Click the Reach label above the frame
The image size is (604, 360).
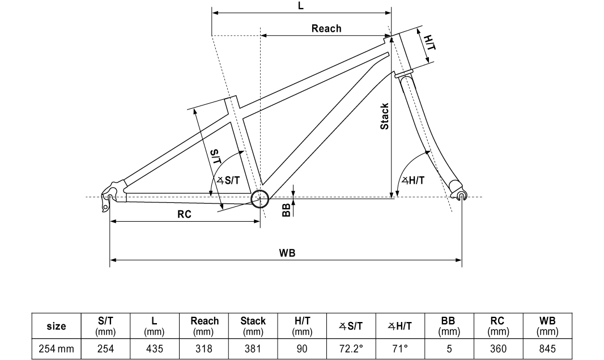pos(326,28)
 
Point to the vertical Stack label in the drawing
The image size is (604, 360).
pos(385,116)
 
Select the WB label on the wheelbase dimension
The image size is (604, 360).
pos(287,253)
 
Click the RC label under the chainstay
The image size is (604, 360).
pos(184,214)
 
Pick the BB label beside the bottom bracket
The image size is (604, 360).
pos(286,210)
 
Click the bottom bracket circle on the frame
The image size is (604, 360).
pos(260,197)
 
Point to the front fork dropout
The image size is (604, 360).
pos(461,196)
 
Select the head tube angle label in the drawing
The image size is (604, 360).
pos(413,180)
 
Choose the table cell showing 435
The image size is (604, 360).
pos(154,349)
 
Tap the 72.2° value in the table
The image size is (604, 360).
pos(351,349)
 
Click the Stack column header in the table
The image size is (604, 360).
pos(253,325)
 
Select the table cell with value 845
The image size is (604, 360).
pos(547,349)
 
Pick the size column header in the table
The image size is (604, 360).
pos(56,326)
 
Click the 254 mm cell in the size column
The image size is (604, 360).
pos(56,349)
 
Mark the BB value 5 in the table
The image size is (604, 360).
pos(449,349)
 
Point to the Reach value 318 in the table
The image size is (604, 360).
pos(204,349)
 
